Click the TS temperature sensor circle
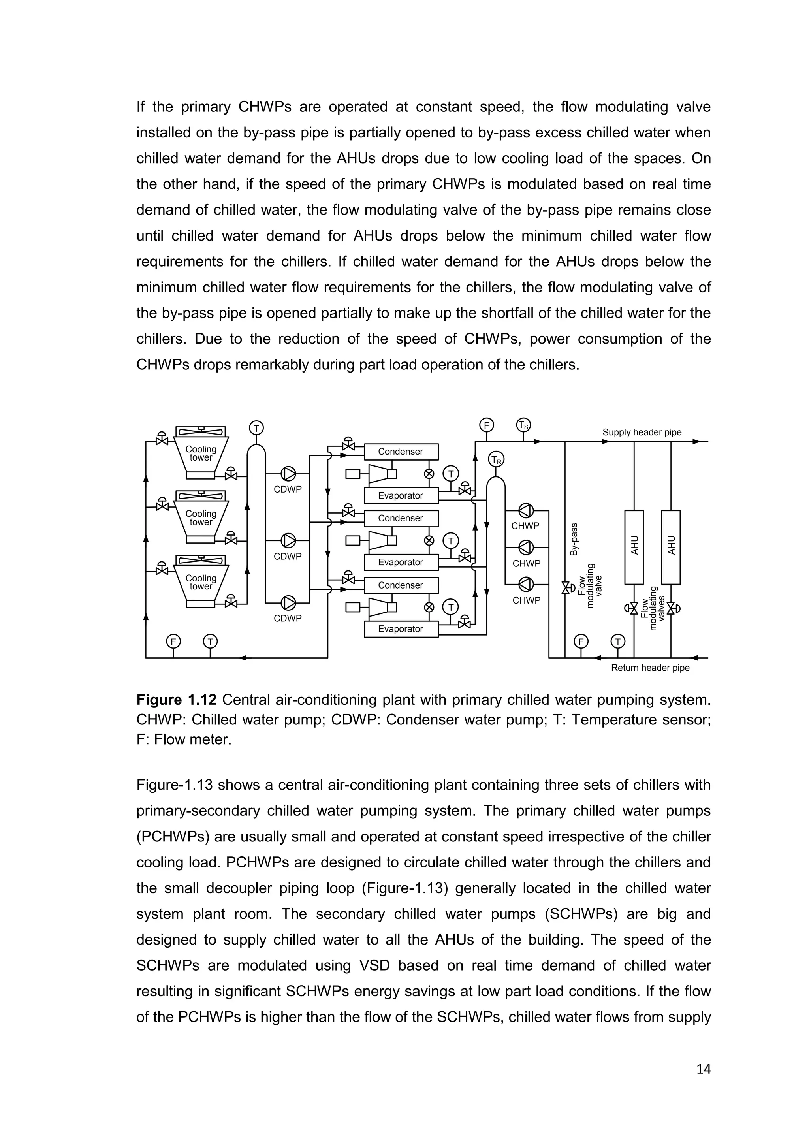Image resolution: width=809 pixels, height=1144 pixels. click(x=523, y=425)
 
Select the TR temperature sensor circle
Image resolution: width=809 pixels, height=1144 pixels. click(x=496, y=459)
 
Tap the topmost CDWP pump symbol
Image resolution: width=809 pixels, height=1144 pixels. click(x=288, y=473)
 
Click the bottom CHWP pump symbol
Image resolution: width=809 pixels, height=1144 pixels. click(x=526, y=584)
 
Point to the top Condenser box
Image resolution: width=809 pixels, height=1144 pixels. click(x=401, y=452)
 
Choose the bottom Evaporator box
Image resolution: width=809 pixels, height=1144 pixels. click(x=401, y=629)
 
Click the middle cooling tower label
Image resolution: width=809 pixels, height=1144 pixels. click(x=201, y=518)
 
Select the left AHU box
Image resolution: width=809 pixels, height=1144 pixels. click(x=634, y=547)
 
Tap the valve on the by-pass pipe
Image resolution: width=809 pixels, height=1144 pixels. click(x=565, y=588)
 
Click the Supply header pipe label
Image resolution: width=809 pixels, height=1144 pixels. click(x=642, y=433)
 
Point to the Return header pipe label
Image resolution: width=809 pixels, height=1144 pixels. click(x=650, y=668)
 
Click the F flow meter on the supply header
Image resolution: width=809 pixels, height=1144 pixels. click(x=486, y=425)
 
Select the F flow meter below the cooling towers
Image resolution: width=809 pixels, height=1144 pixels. click(x=173, y=641)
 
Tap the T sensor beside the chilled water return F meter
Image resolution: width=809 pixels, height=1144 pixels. click(x=618, y=641)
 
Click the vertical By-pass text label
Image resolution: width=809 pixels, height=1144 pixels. click(x=574, y=539)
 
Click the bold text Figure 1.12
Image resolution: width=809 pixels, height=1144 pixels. click(x=176, y=700)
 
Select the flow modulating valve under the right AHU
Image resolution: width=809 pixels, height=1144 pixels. click(x=671, y=608)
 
